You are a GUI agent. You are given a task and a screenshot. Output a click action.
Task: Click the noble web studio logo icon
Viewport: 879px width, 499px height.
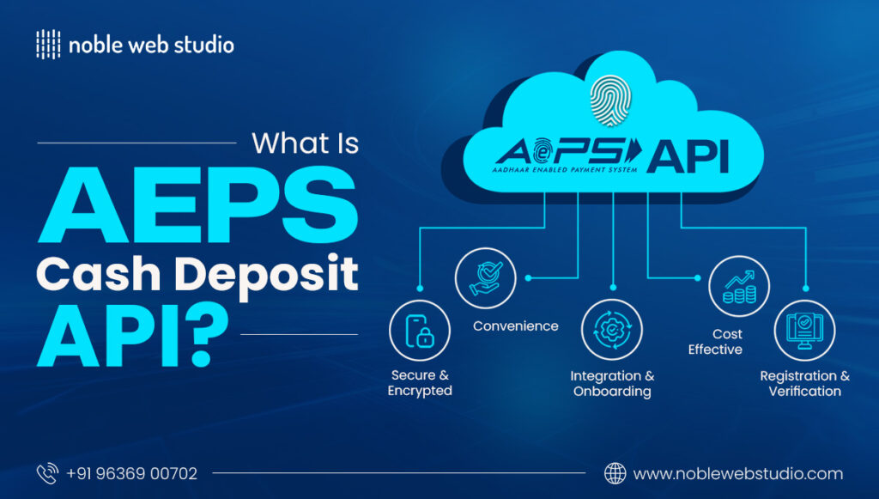click(x=48, y=45)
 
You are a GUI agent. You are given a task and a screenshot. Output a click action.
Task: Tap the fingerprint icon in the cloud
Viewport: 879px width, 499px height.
click(x=610, y=100)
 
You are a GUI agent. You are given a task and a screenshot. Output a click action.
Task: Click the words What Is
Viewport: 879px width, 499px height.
click(x=305, y=143)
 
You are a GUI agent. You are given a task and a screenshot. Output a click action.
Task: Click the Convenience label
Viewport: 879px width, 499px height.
click(x=515, y=326)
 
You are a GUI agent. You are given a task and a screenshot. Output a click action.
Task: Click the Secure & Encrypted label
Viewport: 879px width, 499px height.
click(x=420, y=383)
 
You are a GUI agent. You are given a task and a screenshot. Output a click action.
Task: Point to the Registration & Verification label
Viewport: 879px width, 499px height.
click(x=804, y=383)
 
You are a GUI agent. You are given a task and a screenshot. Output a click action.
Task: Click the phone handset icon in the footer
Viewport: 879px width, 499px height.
click(x=47, y=473)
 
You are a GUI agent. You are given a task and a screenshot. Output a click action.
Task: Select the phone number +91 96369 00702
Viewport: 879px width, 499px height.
click(x=131, y=473)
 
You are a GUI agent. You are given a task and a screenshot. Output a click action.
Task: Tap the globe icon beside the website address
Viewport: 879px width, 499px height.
click(x=615, y=473)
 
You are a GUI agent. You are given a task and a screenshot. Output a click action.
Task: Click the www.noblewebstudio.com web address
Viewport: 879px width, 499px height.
click(x=737, y=473)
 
